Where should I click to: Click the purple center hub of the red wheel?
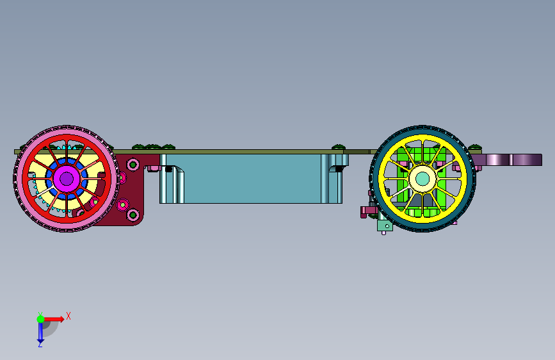click(x=67, y=179)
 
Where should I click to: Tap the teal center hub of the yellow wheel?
click(x=422, y=179)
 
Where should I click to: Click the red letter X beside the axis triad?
click(x=68, y=316)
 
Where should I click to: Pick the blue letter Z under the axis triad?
click(x=40, y=344)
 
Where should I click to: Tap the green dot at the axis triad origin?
click(x=40, y=319)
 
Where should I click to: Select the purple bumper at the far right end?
click(x=510, y=160)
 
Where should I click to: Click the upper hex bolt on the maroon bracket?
click(x=133, y=165)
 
